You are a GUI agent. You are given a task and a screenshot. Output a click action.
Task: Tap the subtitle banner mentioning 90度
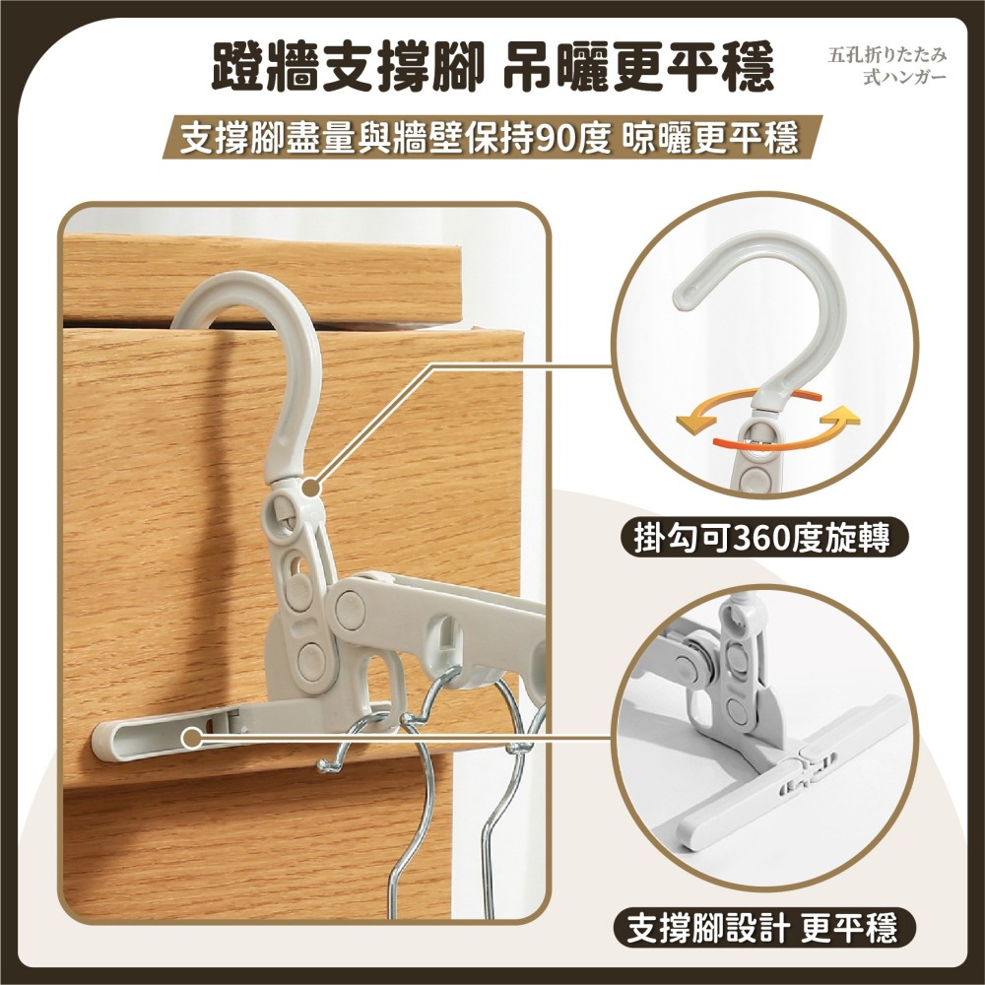click(x=490, y=139)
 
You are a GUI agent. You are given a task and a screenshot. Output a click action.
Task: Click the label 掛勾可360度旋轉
click(x=759, y=539)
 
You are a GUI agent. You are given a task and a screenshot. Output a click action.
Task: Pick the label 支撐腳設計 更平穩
click(x=760, y=927)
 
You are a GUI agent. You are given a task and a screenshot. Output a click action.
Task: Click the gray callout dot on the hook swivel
click(x=311, y=486)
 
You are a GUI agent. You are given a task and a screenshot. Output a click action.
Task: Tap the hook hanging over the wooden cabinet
click(x=261, y=335)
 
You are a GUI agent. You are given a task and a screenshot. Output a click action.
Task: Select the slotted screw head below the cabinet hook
click(x=281, y=509)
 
